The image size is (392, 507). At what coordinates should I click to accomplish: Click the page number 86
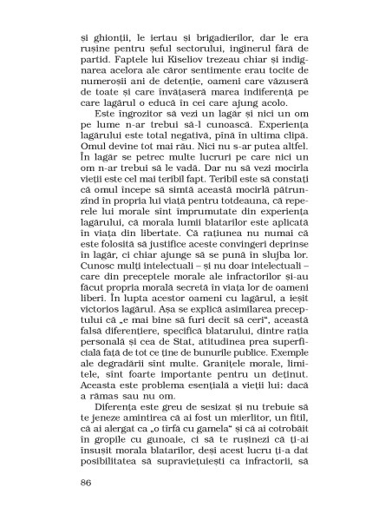click(x=85, y=483)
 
